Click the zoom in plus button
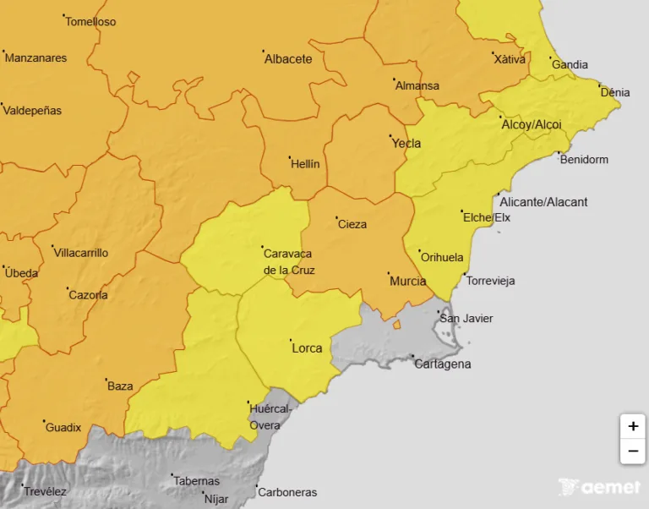click(x=632, y=426)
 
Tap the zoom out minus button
click(x=632, y=452)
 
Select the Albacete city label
click(x=288, y=59)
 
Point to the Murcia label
click(x=407, y=281)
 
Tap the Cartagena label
click(x=443, y=364)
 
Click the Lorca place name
click(x=307, y=348)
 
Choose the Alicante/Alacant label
click(x=543, y=202)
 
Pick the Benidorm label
click(x=584, y=160)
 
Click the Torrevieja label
click(x=490, y=281)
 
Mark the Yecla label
click(x=406, y=143)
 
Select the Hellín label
click(x=305, y=164)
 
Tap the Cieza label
click(x=352, y=224)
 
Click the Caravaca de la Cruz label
click(x=288, y=261)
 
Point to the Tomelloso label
click(x=90, y=21)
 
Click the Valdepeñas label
click(x=33, y=111)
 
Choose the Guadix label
click(x=63, y=428)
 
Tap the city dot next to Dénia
click(x=599, y=85)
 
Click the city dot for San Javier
click(x=439, y=312)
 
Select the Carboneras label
click(x=287, y=492)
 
